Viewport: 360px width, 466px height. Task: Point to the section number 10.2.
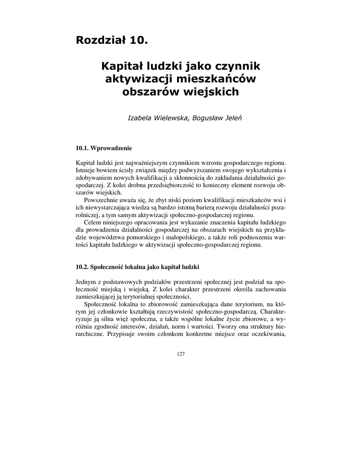[82, 266]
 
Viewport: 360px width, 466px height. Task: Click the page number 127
[180, 354]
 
